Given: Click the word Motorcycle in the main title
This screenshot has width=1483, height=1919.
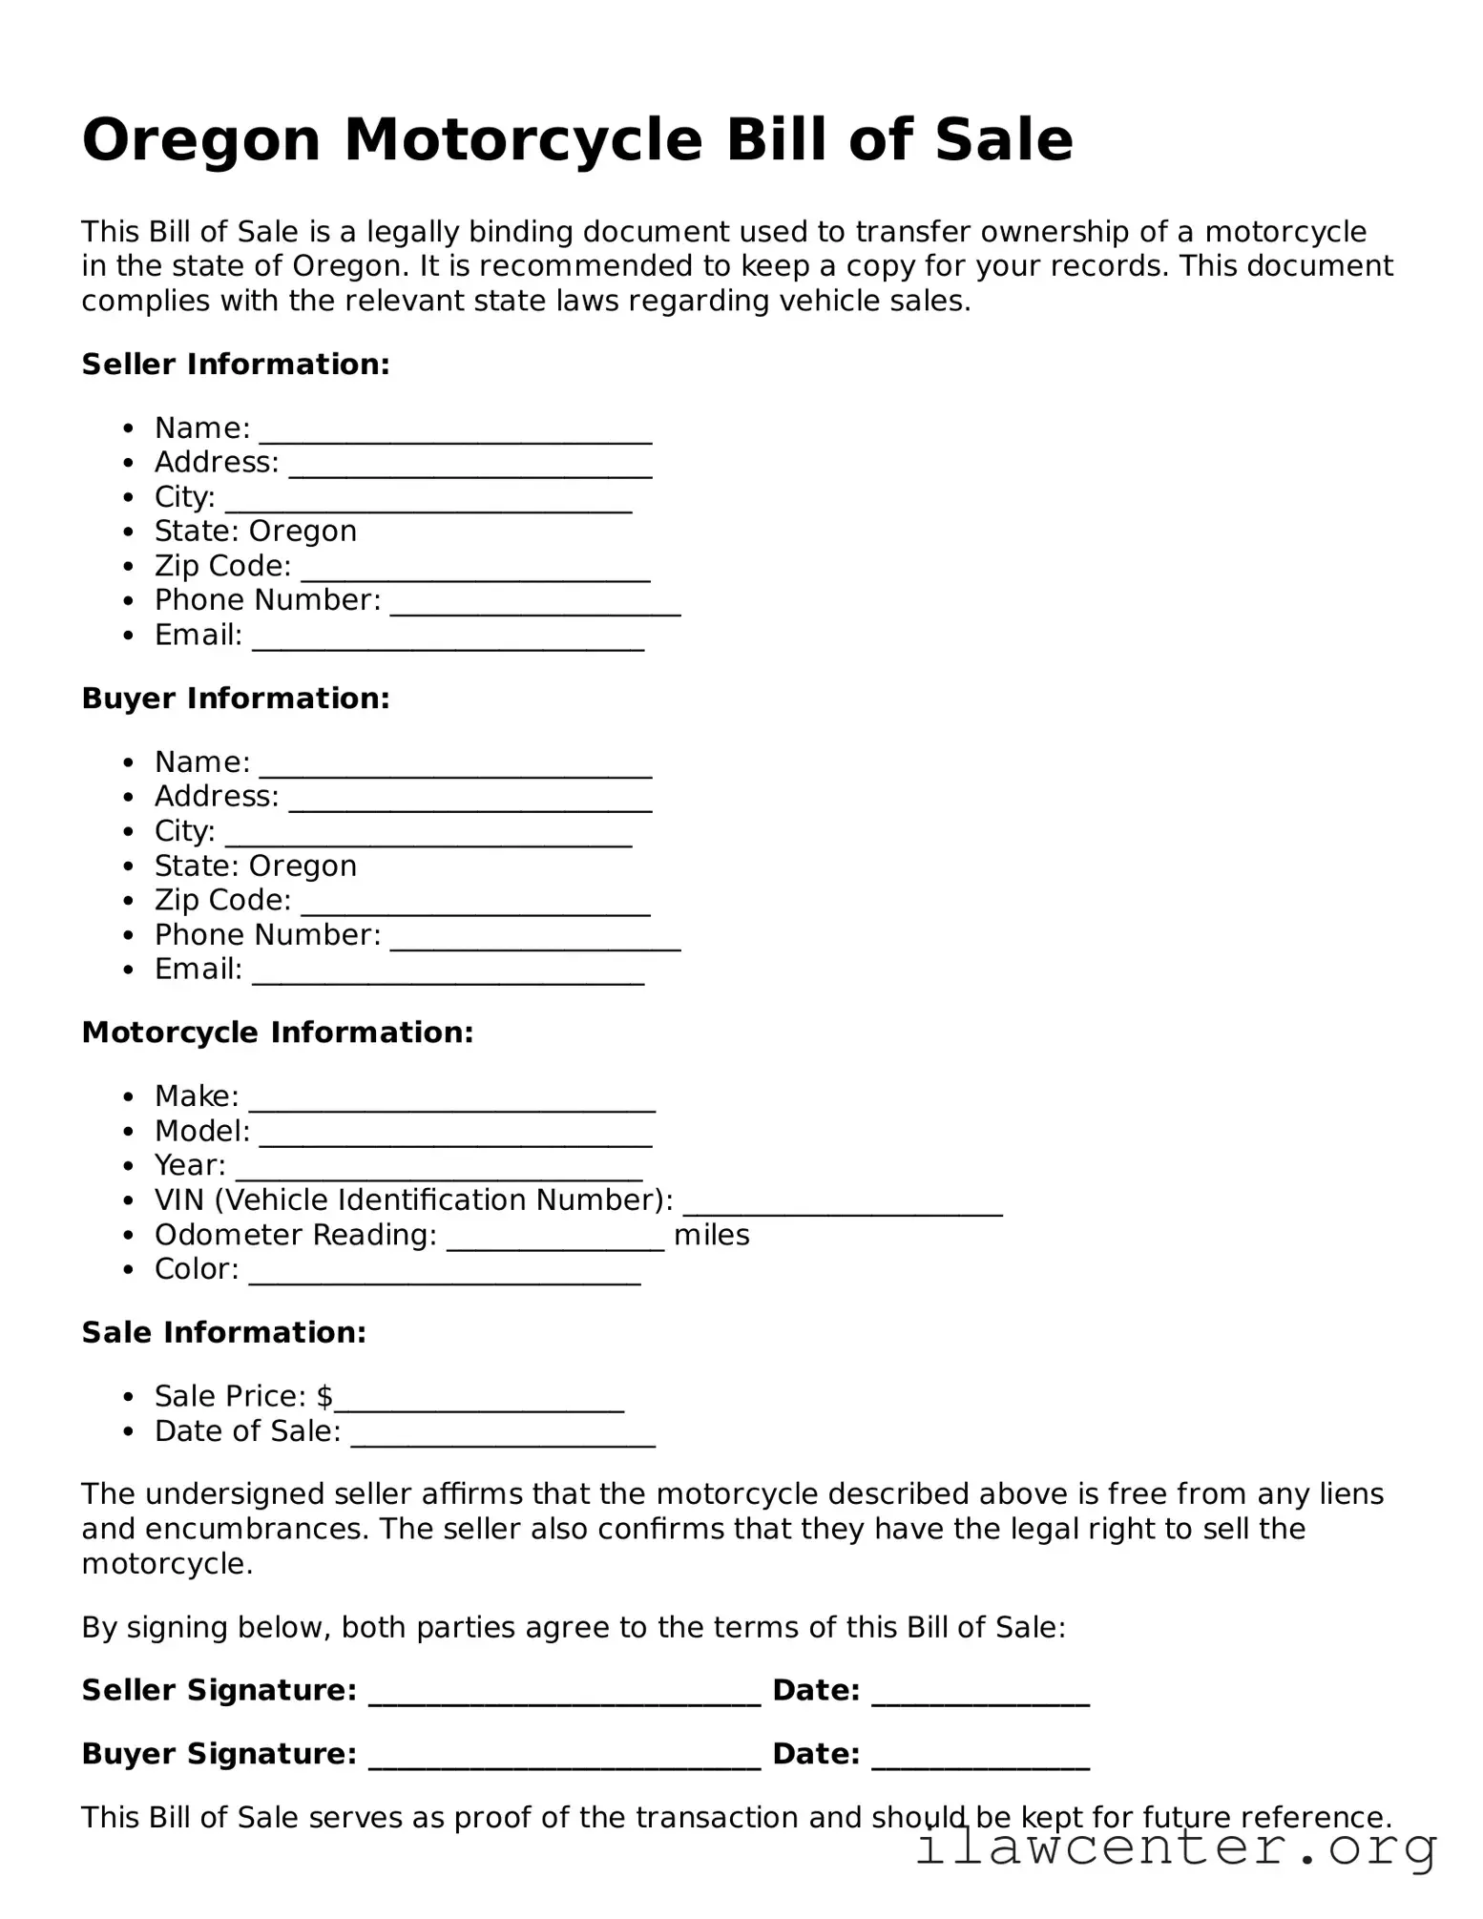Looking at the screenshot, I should tap(522, 140).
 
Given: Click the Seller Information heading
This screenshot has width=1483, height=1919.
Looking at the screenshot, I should tap(236, 365).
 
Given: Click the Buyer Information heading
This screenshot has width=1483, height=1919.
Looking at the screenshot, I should tap(236, 699).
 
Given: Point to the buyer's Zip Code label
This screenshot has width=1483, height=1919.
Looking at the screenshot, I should tap(222, 900).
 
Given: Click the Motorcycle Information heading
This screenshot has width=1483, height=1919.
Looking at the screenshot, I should tap(277, 1033).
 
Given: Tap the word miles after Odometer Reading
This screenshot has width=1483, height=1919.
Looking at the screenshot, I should tap(711, 1235).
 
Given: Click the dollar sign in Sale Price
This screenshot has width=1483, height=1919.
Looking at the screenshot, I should tap(324, 1396).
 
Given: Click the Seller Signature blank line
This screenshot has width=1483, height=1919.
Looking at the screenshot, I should tap(564, 1698).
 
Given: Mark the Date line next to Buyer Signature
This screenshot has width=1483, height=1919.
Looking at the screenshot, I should tap(980, 1762).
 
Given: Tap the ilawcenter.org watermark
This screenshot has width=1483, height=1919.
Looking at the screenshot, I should tap(1175, 1847).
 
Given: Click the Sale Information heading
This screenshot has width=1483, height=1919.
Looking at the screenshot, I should tap(224, 1332).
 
